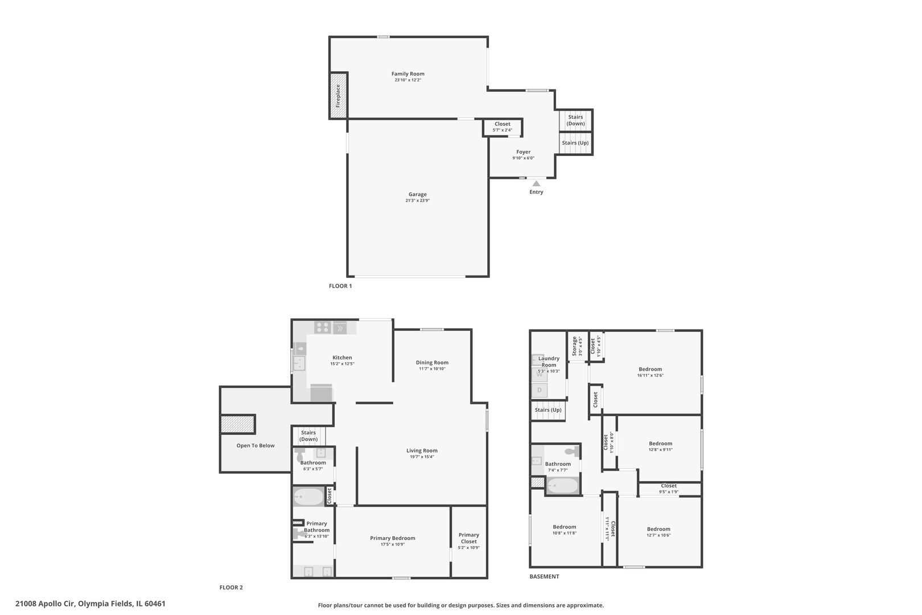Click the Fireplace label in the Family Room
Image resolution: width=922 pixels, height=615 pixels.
click(338, 96)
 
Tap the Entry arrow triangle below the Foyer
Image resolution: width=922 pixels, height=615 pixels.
click(536, 183)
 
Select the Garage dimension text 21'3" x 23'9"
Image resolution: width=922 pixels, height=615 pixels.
click(417, 201)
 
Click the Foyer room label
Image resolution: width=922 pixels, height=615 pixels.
click(523, 152)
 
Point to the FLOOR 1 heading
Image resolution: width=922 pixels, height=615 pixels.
click(340, 286)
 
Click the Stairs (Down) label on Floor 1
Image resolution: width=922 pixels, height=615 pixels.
click(575, 120)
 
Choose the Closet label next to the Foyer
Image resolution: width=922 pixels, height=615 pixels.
click(503, 124)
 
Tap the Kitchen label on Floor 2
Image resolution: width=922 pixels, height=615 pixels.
click(342, 358)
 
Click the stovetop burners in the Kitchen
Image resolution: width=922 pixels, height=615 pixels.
click(323, 327)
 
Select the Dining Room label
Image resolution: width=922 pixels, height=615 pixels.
click(432, 363)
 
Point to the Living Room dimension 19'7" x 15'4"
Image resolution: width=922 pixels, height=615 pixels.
click(422, 457)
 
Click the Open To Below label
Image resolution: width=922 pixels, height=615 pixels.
click(256, 446)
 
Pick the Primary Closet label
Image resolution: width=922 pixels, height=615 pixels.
click(469, 538)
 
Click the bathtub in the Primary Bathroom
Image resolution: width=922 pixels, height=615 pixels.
click(308, 497)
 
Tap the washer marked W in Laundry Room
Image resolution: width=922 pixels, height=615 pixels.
click(539, 374)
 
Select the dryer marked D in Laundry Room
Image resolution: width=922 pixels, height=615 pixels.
click(539, 391)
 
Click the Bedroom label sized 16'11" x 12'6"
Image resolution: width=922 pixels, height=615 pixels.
click(650, 369)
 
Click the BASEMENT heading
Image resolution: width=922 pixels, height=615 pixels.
click(544, 576)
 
